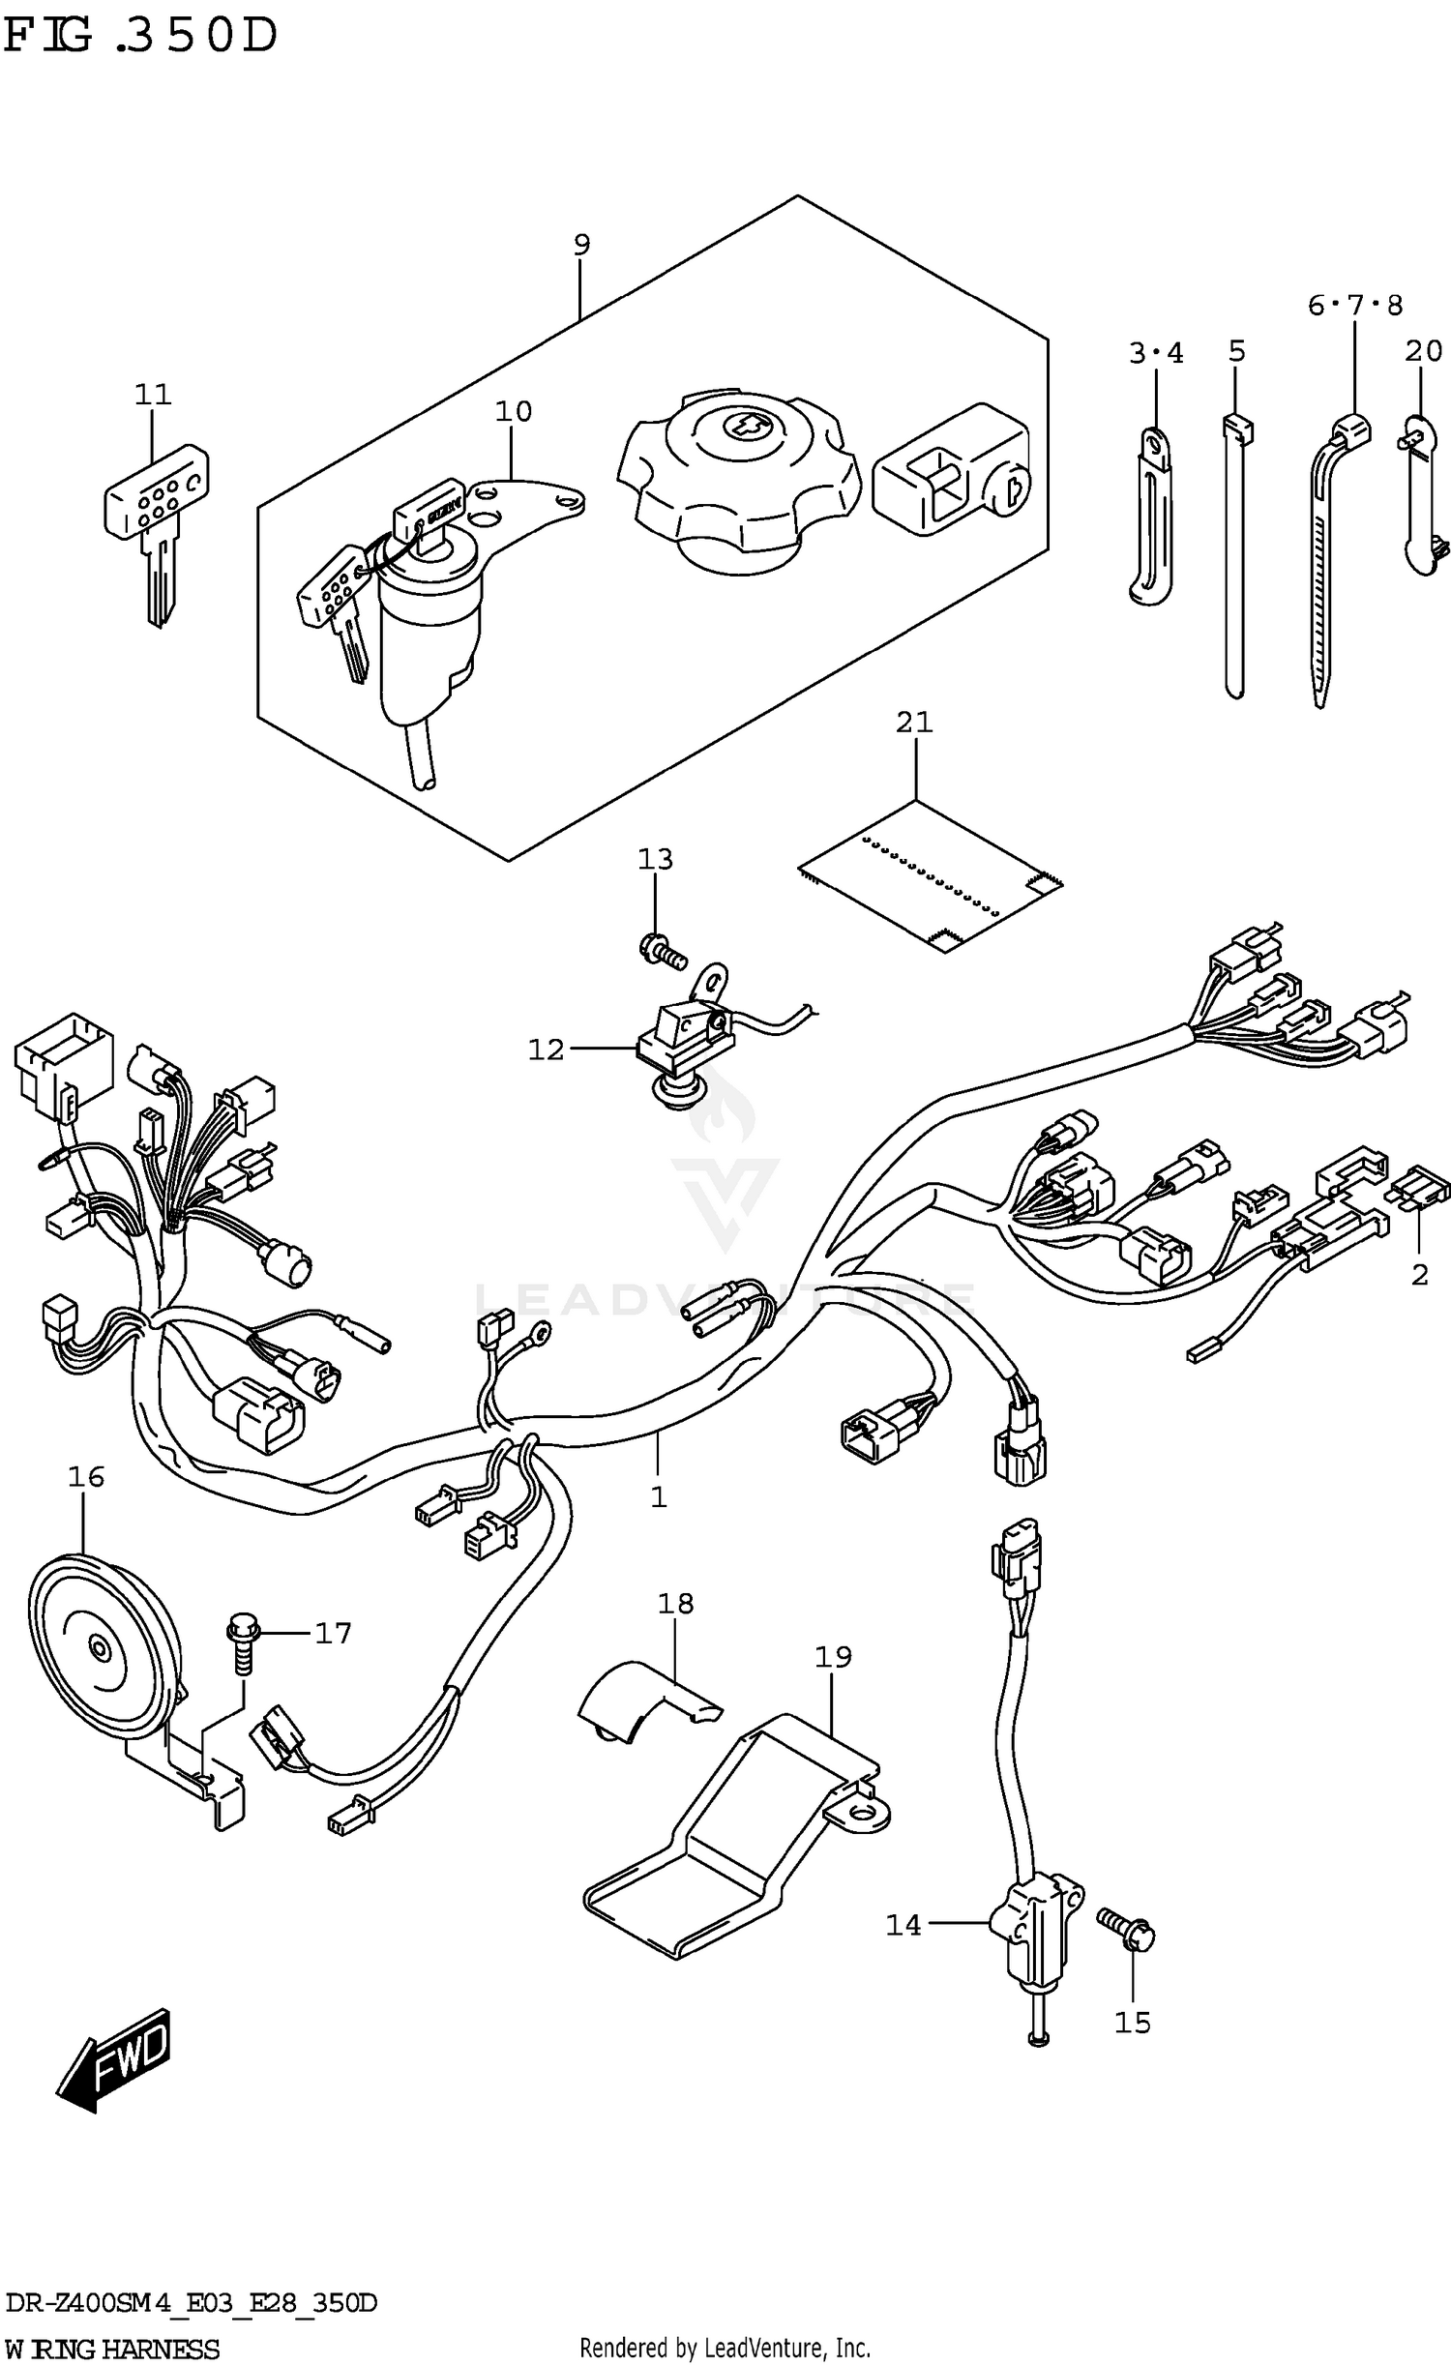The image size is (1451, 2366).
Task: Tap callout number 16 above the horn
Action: [x=85, y=1477]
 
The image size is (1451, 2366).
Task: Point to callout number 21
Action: [x=913, y=723]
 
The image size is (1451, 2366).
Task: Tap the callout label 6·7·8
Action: [x=1353, y=307]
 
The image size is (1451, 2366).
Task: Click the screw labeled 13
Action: [x=662, y=947]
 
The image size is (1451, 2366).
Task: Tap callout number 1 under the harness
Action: [x=658, y=1497]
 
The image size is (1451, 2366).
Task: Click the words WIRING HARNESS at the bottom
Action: [x=111, y=2349]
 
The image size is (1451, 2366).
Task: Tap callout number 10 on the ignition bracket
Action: [x=513, y=412]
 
